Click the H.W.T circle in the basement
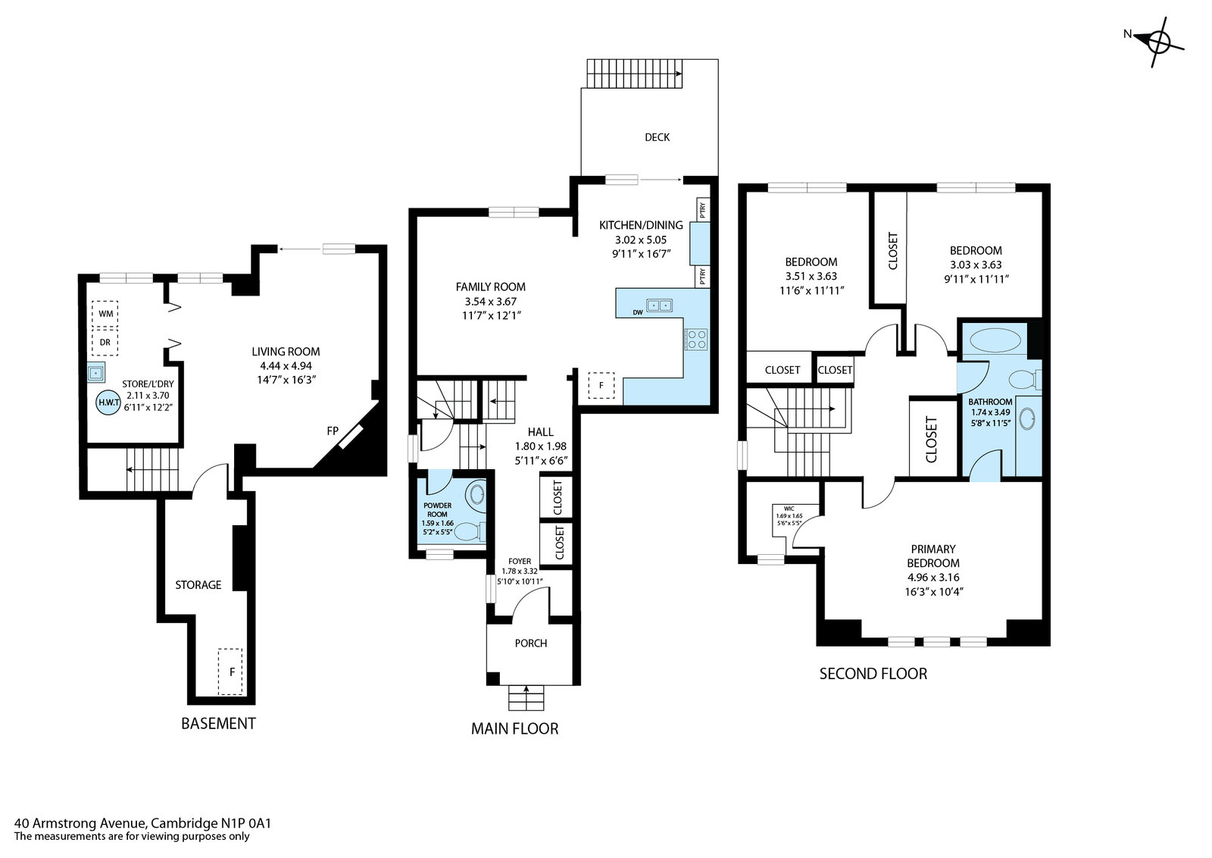108,402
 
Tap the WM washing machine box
105,314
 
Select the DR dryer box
105,342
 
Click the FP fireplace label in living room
333,431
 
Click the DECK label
657,137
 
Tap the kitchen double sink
659,306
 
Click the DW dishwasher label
637,312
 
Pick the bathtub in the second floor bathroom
995,340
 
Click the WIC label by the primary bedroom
789,509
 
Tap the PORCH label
531,643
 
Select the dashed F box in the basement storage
230,672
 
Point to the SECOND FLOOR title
873,673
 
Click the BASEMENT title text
218,723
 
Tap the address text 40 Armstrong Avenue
80,823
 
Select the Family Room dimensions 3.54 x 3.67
490,301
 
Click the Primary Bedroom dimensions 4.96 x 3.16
933,577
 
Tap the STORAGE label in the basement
198,584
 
